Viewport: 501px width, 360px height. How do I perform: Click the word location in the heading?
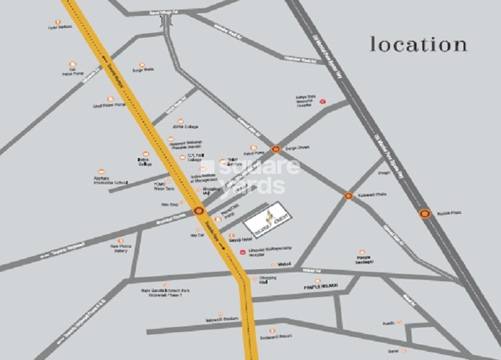[x=418, y=45]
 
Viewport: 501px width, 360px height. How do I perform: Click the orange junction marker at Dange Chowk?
[x=275, y=149]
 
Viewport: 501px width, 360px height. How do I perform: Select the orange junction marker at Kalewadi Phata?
[x=348, y=196]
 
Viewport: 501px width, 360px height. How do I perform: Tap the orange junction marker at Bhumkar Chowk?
[x=199, y=211]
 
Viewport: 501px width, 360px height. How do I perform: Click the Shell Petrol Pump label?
[x=108, y=105]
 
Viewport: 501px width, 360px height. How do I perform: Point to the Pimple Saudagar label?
[x=362, y=261]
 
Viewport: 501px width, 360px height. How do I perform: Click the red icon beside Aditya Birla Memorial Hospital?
[x=323, y=101]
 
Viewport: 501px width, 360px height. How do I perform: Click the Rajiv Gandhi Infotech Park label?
[x=167, y=292]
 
